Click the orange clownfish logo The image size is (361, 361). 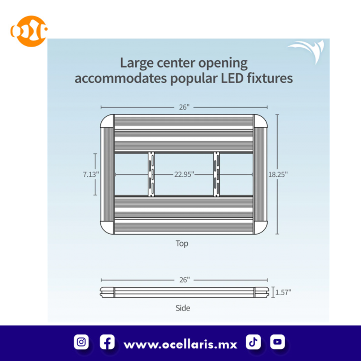pyautogui.click(x=29, y=31)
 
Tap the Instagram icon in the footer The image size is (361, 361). pyautogui.click(x=81, y=342)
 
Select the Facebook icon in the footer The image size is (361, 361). pyautogui.click(x=107, y=342)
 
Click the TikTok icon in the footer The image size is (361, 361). pyautogui.click(x=253, y=342)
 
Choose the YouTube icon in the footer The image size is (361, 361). pyautogui.click(x=278, y=342)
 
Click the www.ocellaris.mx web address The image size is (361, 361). pyautogui.click(x=180, y=344)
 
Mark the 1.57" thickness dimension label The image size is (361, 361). pyautogui.click(x=283, y=292)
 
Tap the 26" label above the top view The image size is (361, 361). pyautogui.click(x=184, y=107)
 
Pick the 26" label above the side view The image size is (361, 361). pyautogui.click(x=184, y=280)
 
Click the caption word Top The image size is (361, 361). pyautogui.click(x=182, y=244)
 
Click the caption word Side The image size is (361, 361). pyautogui.click(x=183, y=308)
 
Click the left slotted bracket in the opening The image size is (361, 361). pyautogui.click(x=151, y=174)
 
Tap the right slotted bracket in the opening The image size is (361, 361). pyautogui.click(x=216, y=174)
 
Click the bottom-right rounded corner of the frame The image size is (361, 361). pyautogui.click(x=261, y=227)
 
